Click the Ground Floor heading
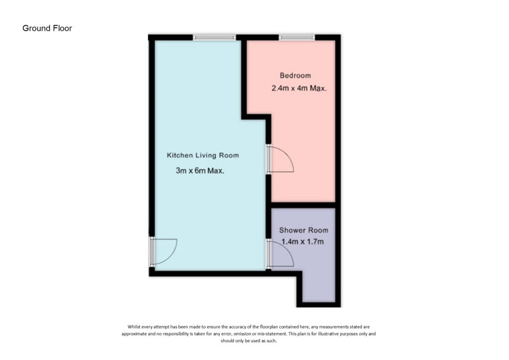click(47, 28)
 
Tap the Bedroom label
click(295, 76)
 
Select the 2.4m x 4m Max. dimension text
click(299, 89)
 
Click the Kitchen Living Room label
click(203, 156)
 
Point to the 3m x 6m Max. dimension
click(200, 171)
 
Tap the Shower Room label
click(303, 231)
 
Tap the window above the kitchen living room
click(214, 37)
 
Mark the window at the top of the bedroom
click(297, 37)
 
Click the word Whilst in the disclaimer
click(135, 327)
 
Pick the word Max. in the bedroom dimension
click(318, 89)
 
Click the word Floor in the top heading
click(63, 28)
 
